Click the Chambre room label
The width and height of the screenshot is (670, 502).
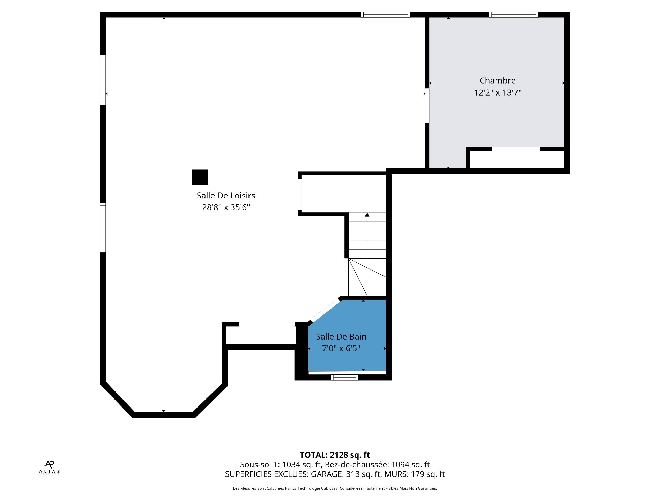click(497, 81)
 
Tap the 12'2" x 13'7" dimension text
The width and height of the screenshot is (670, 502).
click(497, 92)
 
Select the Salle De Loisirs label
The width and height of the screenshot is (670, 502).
click(226, 196)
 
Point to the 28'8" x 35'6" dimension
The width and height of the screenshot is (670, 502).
click(226, 207)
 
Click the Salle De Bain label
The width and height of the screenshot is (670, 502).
click(341, 337)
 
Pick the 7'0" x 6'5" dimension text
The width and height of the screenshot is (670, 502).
click(341, 349)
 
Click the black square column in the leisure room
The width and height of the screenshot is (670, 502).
click(200, 177)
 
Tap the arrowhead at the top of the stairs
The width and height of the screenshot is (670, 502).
click(367, 215)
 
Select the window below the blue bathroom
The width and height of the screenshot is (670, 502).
click(344, 377)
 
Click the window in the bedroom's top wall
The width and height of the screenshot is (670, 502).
click(514, 15)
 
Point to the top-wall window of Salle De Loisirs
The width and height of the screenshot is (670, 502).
click(385, 15)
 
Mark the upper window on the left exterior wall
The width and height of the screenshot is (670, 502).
click(103, 80)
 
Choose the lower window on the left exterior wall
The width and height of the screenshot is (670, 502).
click(103, 228)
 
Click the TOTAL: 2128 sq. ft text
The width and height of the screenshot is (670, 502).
click(335, 455)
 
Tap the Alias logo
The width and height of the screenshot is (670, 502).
click(50, 467)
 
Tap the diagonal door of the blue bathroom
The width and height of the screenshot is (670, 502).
click(325, 311)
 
